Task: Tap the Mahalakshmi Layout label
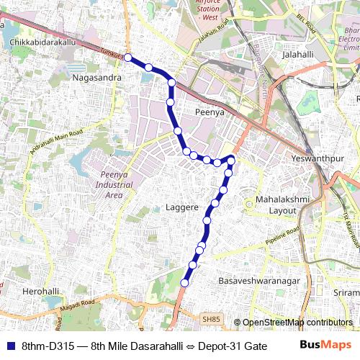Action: pos(276,204)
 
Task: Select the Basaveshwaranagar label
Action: pos(252,279)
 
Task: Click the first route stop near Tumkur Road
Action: pos(127,57)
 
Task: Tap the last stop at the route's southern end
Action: pos(184,283)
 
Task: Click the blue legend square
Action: pos(9,346)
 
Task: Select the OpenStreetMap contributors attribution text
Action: pos(297,323)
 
